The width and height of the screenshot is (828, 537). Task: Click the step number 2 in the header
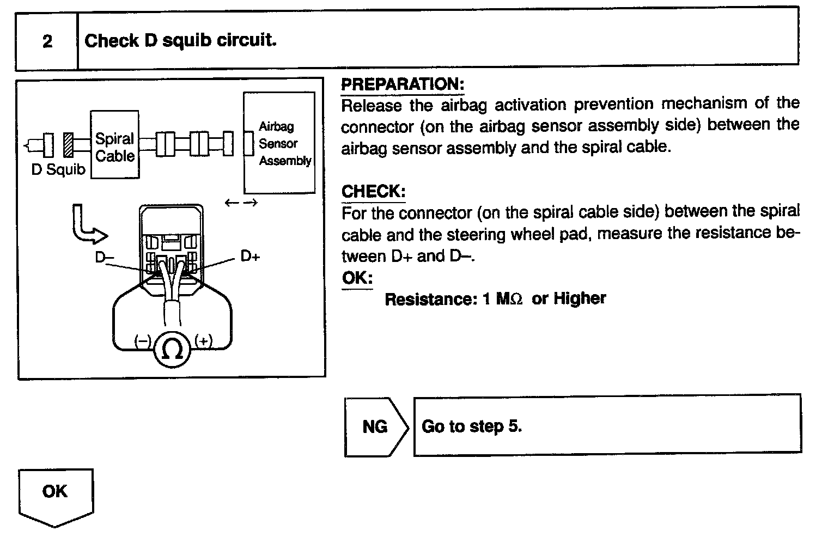point(47,41)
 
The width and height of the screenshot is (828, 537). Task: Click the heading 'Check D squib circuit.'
point(180,41)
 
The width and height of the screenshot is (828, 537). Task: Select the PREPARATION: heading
point(402,84)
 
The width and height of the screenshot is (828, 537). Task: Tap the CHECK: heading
point(373,192)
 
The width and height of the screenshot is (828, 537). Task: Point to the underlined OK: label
point(357,279)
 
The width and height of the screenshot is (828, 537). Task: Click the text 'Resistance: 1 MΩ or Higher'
point(495,299)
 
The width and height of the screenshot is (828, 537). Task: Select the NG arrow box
point(375,426)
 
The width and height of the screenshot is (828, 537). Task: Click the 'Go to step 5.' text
point(472,426)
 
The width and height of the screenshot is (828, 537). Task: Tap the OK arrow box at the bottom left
point(55,493)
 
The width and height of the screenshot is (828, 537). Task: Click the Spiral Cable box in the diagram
point(114,145)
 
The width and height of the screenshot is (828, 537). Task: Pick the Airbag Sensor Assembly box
point(279,143)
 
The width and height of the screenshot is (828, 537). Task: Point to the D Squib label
point(58,170)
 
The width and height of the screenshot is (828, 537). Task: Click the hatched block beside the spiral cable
point(69,144)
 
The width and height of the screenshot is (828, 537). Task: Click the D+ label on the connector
point(250,256)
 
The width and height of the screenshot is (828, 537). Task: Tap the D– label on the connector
point(104,257)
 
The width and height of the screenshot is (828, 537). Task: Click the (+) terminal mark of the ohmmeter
point(203,341)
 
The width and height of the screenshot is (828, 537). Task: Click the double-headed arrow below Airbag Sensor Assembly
point(241,203)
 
